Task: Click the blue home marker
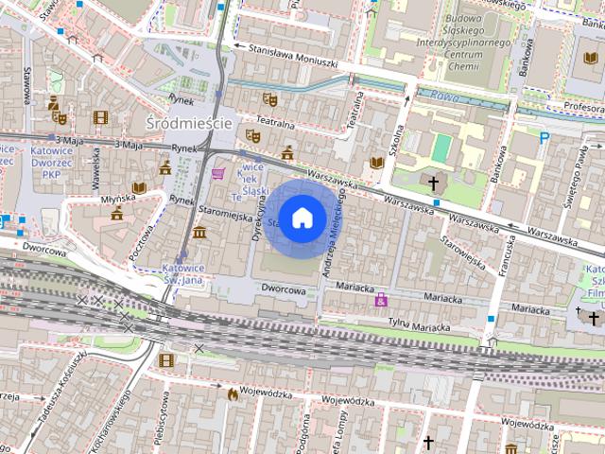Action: coord(302,218)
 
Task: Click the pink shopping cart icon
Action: coord(219,174)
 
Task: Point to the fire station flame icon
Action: coord(231,393)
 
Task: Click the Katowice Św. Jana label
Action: coord(186,272)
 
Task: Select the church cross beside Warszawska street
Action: coord(434,182)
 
